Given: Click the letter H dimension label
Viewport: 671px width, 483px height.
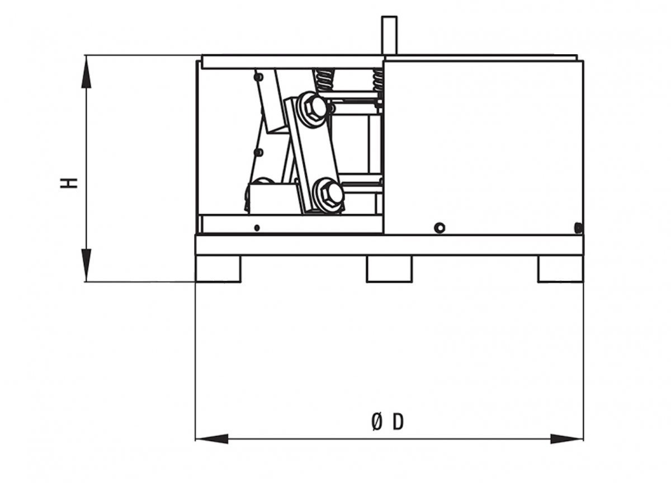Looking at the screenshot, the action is pos(69,183).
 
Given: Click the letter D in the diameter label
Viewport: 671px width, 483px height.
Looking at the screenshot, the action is pos(398,423).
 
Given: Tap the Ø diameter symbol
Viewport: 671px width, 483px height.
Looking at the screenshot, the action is pos(377,423).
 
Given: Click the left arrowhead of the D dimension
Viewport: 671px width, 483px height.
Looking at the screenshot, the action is pos(212,439).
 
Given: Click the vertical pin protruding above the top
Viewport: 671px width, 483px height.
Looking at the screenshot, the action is pos(389,35).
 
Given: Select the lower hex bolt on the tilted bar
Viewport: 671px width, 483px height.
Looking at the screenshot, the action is pos(328,196).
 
